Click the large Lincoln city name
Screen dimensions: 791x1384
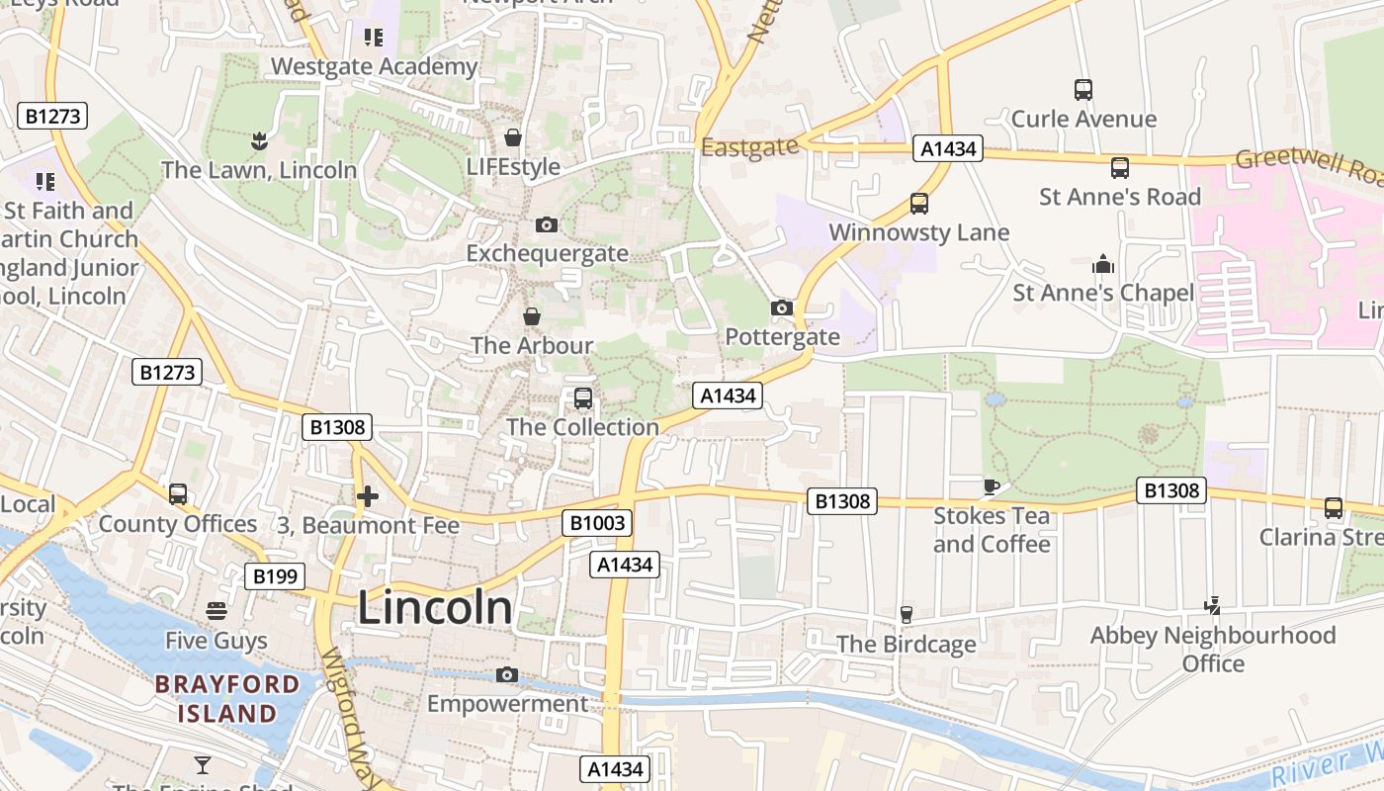[x=435, y=608]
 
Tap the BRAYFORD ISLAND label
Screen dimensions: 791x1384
[x=227, y=698]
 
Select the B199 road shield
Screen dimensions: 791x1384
[x=275, y=576]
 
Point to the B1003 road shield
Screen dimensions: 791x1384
[x=597, y=522]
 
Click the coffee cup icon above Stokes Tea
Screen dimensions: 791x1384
[x=992, y=486]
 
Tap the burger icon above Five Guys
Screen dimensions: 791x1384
[x=216, y=611]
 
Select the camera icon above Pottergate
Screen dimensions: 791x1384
[x=782, y=308]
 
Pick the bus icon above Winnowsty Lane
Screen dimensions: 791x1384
[x=919, y=204]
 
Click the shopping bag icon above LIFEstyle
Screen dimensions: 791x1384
[x=513, y=137]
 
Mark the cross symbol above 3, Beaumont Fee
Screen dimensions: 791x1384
[x=368, y=495]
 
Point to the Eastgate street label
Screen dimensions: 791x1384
[x=749, y=147]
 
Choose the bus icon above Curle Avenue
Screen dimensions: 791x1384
[x=1083, y=90]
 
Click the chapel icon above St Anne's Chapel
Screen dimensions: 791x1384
[x=1103, y=264]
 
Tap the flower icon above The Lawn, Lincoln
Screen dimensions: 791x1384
[x=259, y=140]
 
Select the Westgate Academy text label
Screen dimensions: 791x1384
[x=374, y=66]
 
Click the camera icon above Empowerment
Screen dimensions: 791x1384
[x=507, y=674]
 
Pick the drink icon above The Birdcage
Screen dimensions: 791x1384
[x=906, y=615]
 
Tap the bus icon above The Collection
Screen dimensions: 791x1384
[x=583, y=398]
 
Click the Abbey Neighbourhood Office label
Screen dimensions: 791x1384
[x=1213, y=649]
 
